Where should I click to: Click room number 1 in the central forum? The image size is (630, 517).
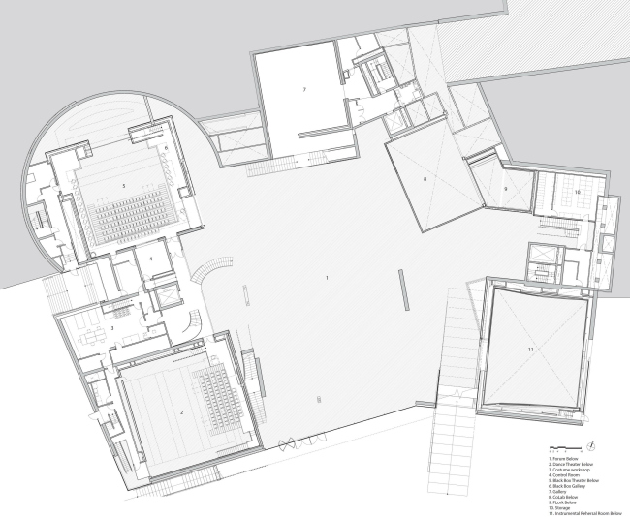coord(328,278)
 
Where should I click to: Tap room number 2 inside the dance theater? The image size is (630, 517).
coord(181,411)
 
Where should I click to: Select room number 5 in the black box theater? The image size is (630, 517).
coord(124,184)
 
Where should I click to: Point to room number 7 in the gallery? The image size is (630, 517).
coord(303,89)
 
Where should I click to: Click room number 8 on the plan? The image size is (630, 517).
coord(425,181)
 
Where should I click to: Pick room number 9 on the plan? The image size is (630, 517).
coord(506,188)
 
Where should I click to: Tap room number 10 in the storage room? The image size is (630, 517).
coord(577,193)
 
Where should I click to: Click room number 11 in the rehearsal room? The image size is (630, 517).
coord(530,347)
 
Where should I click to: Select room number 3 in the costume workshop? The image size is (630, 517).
coord(112,329)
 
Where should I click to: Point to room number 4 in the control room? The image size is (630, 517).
coord(151,258)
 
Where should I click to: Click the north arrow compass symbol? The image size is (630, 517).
coord(590,445)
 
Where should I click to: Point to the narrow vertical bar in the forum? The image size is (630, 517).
coord(400,290)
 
